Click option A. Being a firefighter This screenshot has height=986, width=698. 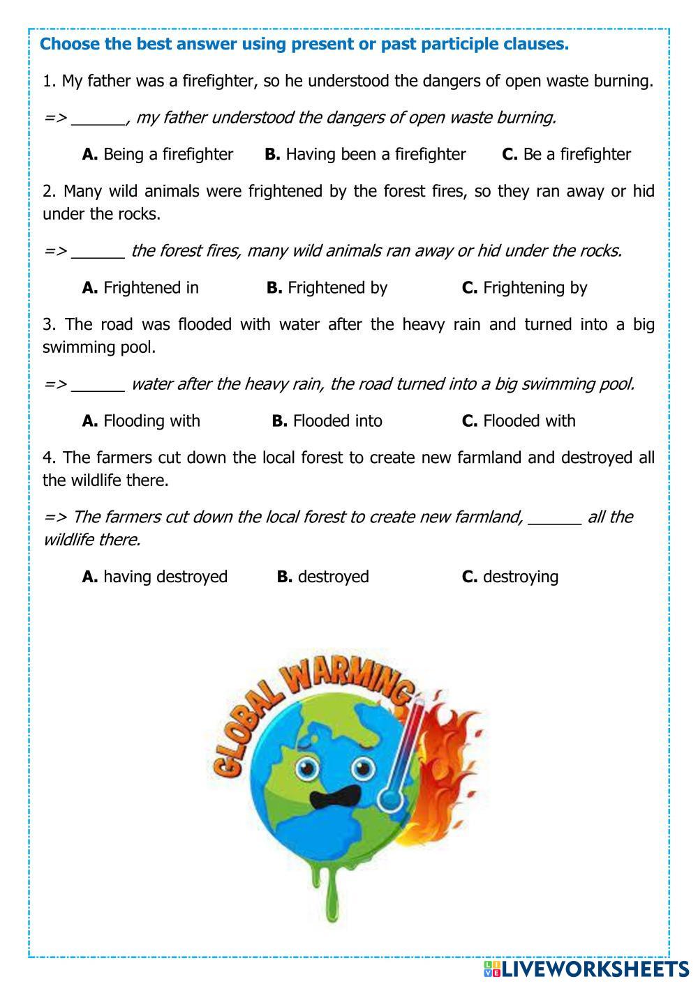point(158,154)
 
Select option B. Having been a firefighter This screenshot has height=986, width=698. point(365,154)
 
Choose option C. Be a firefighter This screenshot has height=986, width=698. point(566,154)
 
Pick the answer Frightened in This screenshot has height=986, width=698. point(140,287)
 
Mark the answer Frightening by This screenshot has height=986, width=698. point(524,287)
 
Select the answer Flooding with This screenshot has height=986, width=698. point(141,420)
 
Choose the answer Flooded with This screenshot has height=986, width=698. point(519,420)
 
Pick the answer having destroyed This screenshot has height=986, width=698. point(155,577)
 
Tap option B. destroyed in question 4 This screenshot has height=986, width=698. point(322,577)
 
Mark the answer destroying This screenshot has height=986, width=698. point(510,577)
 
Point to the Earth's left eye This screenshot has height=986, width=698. point(305,768)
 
